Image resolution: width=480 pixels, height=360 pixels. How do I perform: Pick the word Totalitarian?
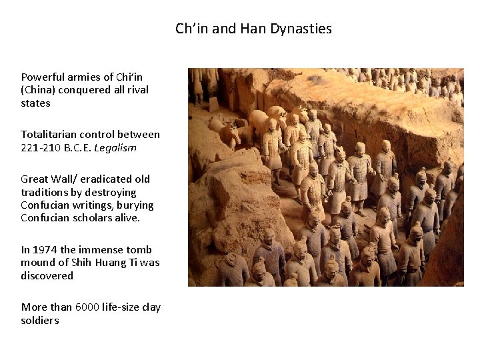pos(47,135)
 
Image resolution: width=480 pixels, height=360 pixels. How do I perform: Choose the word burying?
pos(135,205)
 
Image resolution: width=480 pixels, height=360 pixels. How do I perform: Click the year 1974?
pos(45,250)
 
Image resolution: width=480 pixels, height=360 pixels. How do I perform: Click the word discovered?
pos(47,276)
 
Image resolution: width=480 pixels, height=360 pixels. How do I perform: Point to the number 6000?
pos(87,307)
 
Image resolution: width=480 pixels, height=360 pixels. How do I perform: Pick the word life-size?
pos(123,307)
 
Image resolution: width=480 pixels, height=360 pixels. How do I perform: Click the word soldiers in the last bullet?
pos(40,321)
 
